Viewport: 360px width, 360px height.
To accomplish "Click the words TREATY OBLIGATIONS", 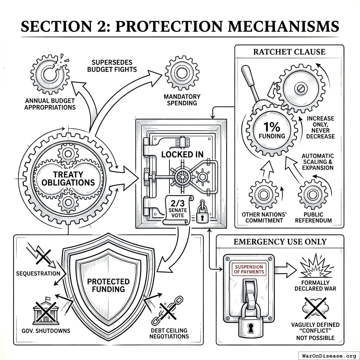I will pyautogui.click(x=69, y=178).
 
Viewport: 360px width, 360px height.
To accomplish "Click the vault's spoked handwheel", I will pyautogui.click(x=182, y=175).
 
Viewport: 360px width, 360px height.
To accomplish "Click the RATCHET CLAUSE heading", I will pyautogui.click(x=289, y=52).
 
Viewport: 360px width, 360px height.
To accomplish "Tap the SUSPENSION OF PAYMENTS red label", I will pyautogui.click(x=249, y=269).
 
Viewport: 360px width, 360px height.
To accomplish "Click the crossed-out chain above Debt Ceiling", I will pyautogui.click(x=165, y=311).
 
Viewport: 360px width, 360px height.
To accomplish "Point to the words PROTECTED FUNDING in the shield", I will pyautogui.click(x=108, y=285).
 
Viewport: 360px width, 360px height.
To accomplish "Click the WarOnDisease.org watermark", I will pyautogui.click(x=328, y=355).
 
